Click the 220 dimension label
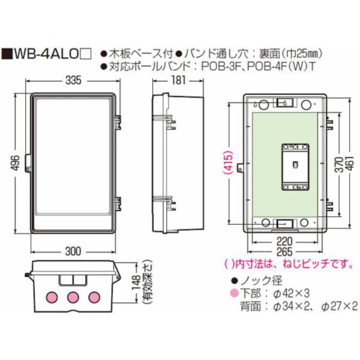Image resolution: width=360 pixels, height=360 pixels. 284,240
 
